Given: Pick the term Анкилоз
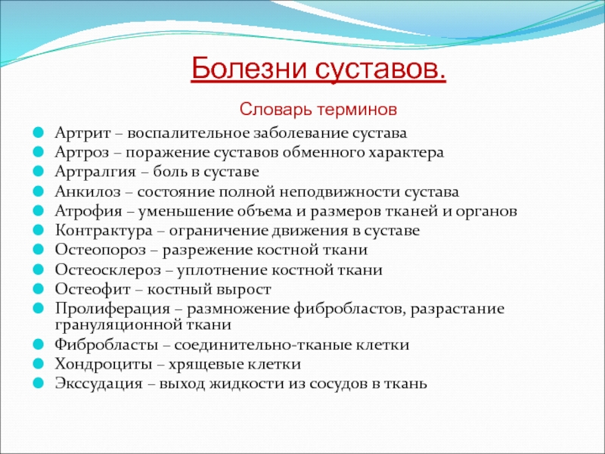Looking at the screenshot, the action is coord(88,192).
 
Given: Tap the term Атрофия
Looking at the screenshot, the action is coord(88,211).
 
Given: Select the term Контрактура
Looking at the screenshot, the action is coord(104,231).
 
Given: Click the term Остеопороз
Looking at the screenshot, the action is coord(101,250).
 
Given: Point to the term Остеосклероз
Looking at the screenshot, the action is coord(107,270).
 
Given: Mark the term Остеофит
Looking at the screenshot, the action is coord(92,289).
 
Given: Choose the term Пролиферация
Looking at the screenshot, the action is coord(112,309).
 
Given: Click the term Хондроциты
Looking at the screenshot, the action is coord(104,365).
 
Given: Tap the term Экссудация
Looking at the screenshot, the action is coord(99,384).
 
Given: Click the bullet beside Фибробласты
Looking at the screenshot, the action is coord(39,344).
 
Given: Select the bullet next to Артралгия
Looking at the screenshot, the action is coord(39,172).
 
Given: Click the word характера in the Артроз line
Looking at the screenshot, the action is coord(405,154).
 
